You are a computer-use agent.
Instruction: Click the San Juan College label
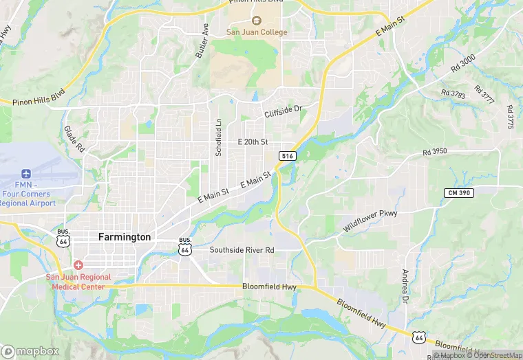coord(257,32)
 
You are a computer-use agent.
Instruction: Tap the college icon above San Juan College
coord(257,21)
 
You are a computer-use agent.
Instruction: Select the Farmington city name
coord(124,236)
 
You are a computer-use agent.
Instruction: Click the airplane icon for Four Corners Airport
coord(26,173)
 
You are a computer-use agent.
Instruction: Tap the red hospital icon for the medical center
coord(78,265)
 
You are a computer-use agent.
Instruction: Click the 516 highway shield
coord(288,157)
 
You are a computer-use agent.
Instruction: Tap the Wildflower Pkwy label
coord(370,221)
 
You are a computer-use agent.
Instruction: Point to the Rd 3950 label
coord(436,151)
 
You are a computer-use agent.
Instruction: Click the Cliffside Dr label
coord(283,110)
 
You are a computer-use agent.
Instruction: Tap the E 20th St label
coord(252,142)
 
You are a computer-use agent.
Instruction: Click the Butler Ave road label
coord(201,40)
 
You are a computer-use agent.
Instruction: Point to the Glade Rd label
coord(74,138)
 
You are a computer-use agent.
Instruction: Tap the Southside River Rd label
coord(242,250)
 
